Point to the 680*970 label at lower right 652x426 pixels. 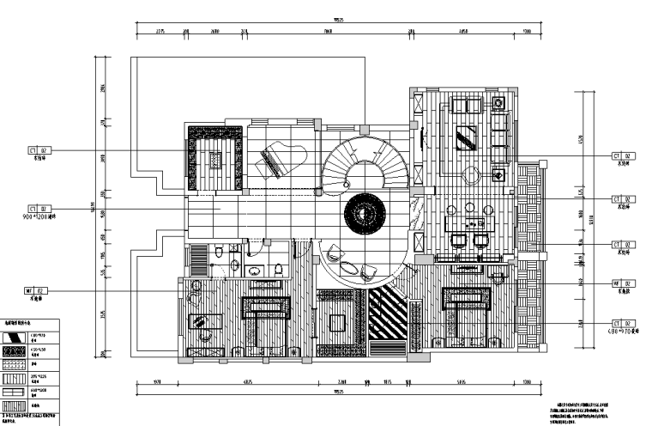click(x=623, y=330)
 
